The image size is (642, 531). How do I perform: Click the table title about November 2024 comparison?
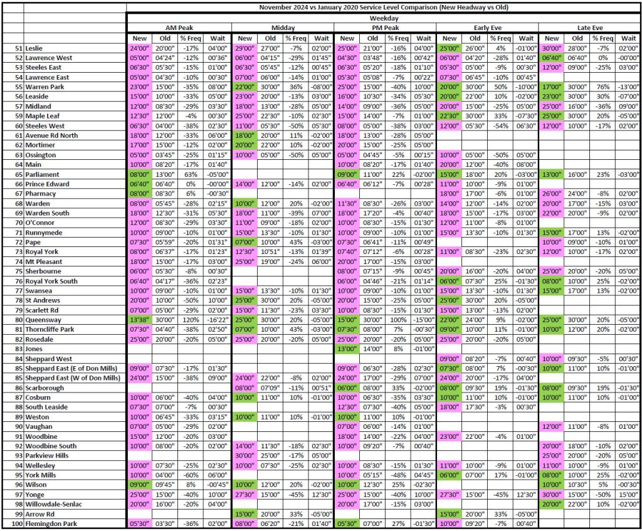[x=384, y=7]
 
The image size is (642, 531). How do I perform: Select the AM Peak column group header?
[x=179, y=28]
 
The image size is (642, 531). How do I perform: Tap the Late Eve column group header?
[x=589, y=28]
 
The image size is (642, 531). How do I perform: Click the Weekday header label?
[x=384, y=18]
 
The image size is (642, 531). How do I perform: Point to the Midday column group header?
[x=282, y=28]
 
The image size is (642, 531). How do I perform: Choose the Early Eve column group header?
[x=487, y=28]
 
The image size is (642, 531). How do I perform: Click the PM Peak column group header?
[x=384, y=28]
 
